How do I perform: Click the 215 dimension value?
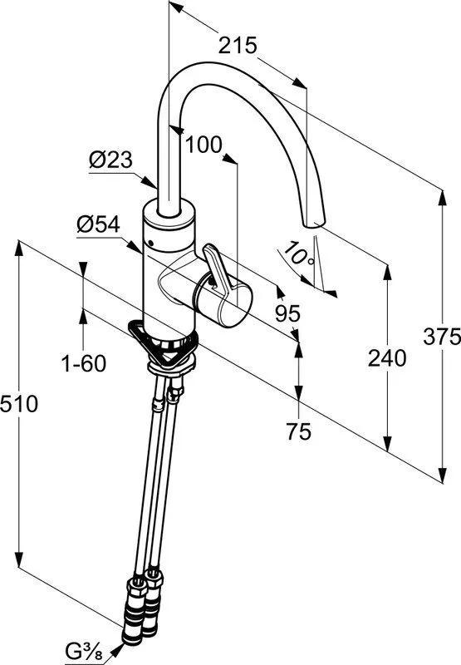pos(238,46)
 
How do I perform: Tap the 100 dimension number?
pos(204,145)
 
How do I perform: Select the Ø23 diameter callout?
pos(110,160)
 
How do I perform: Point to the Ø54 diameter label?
pos(98,224)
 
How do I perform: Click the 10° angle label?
pos(298,254)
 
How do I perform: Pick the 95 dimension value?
pos(287,314)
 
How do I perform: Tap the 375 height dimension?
pos(442,337)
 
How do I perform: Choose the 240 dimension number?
pos(387,357)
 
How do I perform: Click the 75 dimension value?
pos(298,431)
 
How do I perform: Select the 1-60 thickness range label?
pos(84,363)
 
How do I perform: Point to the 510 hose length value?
pos(19,403)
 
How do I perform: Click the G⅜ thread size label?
pos(85,651)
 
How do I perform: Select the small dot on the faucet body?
pos(150,243)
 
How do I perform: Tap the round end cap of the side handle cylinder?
pos(235,305)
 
